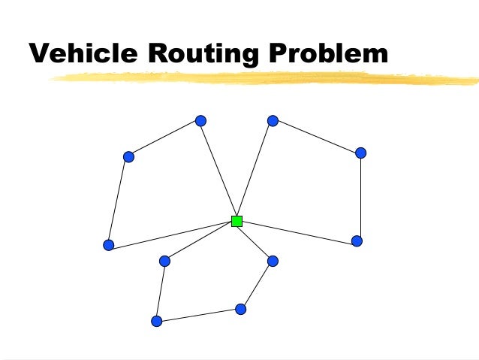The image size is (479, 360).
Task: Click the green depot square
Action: pos(236,221)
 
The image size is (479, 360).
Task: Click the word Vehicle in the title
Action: pos(80,53)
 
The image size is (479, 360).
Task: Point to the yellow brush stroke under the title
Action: pos(263,77)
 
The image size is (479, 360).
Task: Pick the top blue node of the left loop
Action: pos(200,120)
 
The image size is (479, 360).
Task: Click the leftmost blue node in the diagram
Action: pos(108,245)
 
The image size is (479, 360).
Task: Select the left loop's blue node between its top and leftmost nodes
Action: pos(128,156)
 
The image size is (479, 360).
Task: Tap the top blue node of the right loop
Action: pos(273,120)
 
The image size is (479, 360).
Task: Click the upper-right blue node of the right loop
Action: pos(360,153)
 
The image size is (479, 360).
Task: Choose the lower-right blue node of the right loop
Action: pos(357,241)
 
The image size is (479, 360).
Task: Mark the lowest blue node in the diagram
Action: pos(156,321)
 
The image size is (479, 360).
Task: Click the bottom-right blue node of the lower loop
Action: pos(240,309)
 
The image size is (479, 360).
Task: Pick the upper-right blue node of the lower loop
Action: pos(273,261)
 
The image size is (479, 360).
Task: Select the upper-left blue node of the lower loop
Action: pos(164,261)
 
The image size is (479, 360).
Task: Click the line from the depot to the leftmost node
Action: pos(173,233)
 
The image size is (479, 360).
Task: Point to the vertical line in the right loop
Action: pos(360,197)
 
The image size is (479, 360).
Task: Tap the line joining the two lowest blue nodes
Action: pos(198,315)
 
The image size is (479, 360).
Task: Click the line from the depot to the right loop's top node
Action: pos(255,171)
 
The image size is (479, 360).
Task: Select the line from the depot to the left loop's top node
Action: pos(218,171)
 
